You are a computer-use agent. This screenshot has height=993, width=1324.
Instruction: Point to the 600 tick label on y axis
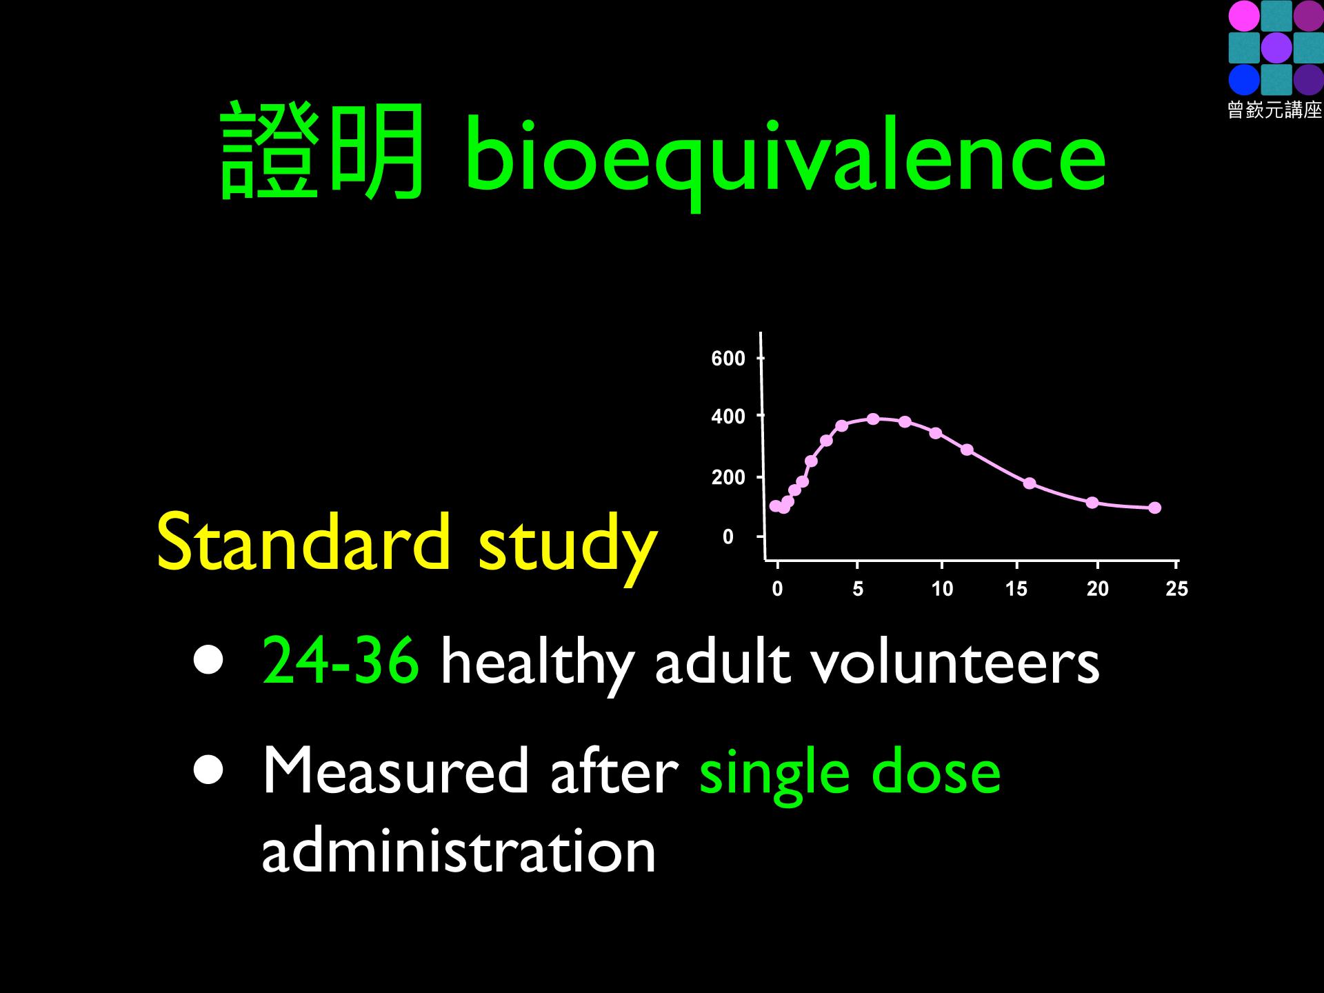pyautogui.click(x=728, y=359)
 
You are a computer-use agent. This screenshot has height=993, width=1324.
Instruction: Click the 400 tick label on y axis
pyautogui.click(x=728, y=417)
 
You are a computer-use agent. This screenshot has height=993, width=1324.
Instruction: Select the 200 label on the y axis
pyautogui.click(x=728, y=477)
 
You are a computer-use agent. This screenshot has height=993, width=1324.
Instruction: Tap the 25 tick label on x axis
pyautogui.click(x=1176, y=589)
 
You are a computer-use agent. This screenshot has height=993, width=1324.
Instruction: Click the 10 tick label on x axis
pyautogui.click(x=942, y=589)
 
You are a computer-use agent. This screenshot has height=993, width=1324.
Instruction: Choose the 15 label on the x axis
pyautogui.click(x=1016, y=589)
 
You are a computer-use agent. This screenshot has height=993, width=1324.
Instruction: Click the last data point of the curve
pyautogui.click(x=1155, y=508)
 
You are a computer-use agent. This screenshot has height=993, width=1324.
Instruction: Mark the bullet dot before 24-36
pyautogui.click(x=208, y=660)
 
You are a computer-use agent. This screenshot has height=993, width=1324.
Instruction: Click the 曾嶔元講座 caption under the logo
pyautogui.click(x=1275, y=110)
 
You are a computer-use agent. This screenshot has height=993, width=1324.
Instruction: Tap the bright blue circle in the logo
pyautogui.click(x=1244, y=79)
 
